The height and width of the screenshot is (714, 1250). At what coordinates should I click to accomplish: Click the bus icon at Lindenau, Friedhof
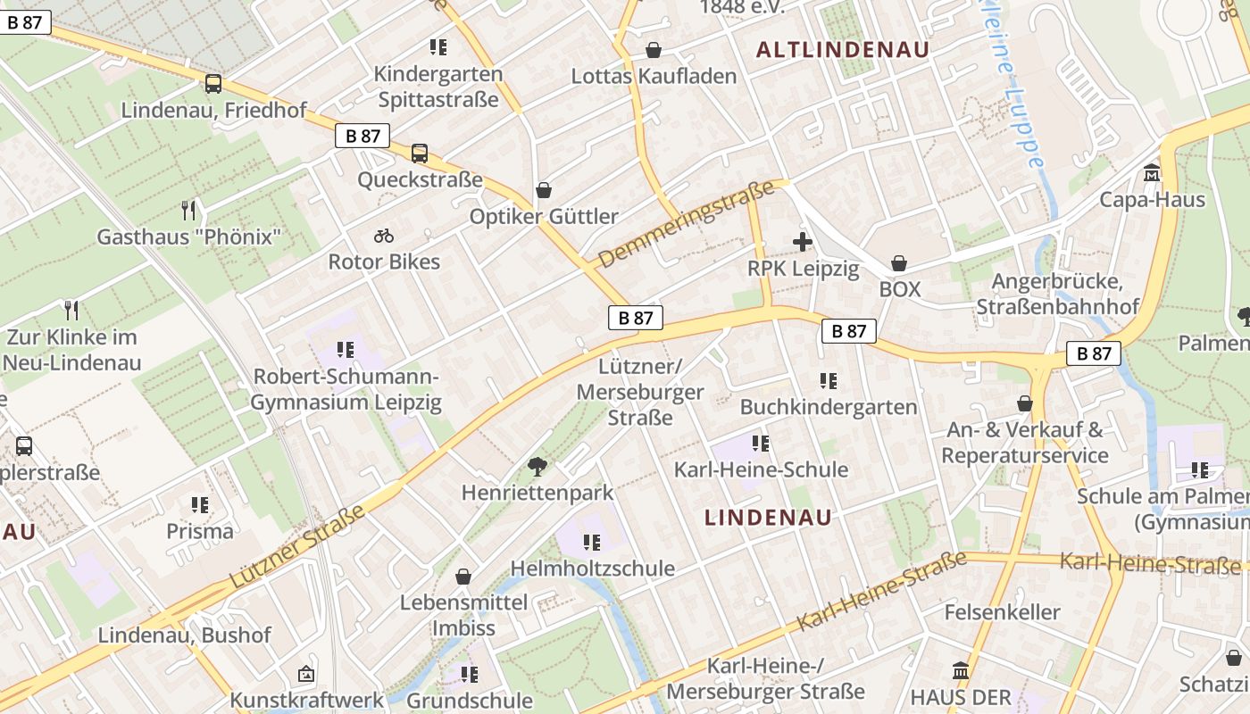tap(212, 84)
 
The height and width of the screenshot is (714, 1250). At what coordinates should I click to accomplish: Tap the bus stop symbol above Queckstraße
tap(420, 154)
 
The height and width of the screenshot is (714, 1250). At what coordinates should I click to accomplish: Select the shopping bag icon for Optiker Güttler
tap(543, 190)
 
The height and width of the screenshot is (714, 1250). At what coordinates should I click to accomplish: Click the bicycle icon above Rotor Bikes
tap(384, 236)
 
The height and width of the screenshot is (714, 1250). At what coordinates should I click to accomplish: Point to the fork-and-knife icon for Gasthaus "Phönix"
tap(188, 211)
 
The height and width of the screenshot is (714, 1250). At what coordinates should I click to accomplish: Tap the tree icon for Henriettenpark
tap(537, 466)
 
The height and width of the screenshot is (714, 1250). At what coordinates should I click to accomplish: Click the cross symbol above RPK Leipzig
tap(803, 242)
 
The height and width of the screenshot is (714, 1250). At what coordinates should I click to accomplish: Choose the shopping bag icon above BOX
tap(899, 263)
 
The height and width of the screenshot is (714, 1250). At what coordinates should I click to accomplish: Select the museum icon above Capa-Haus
tap(1152, 172)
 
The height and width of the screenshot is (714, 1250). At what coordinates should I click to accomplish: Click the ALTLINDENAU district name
tap(843, 50)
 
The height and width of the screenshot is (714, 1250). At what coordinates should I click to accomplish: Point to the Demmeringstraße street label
tap(686, 225)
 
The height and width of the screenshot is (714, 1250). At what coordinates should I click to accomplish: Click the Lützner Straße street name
tap(297, 546)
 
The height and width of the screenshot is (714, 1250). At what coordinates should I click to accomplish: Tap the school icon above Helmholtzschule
tap(591, 542)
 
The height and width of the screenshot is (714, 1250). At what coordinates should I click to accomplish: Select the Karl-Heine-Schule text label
tap(761, 469)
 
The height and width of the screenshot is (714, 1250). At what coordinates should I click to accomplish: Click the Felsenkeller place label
tap(1002, 612)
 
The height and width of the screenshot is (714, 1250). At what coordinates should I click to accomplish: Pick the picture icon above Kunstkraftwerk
tap(306, 674)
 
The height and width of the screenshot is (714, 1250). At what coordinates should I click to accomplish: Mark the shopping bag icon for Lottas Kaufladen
tap(654, 50)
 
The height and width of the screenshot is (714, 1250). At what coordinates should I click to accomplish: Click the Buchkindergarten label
tap(829, 407)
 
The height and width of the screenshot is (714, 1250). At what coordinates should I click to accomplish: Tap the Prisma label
tap(200, 531)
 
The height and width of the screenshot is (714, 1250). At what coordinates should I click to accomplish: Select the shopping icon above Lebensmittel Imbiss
tap(462, 577)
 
